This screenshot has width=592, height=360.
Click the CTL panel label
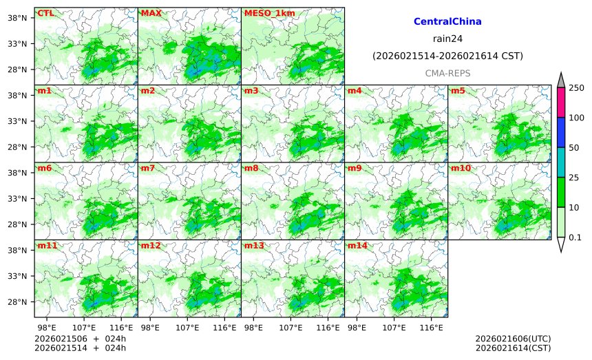point(45,13)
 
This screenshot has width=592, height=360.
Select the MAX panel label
point(151,13)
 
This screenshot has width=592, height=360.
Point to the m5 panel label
point(458,91)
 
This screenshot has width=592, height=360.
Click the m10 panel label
point(461,168)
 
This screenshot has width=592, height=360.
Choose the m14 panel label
point(357,246)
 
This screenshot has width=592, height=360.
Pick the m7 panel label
point(148,168)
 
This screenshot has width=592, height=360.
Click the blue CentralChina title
point(447,22)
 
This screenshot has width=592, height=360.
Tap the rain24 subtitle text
point(447,39)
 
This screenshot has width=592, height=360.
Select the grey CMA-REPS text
point(447,72)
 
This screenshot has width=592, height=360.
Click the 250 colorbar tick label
point(576,87)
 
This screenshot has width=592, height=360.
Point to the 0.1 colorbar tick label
point(575,237)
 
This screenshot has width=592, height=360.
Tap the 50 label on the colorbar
point(573,147)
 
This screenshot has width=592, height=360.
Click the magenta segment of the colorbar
point(560,102)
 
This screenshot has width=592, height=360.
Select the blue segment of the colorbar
point(560,132)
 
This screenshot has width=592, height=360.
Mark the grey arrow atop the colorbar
point(560,80)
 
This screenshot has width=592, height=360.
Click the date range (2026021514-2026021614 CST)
point(447,56)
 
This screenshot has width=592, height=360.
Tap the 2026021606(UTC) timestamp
point(513,339)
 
